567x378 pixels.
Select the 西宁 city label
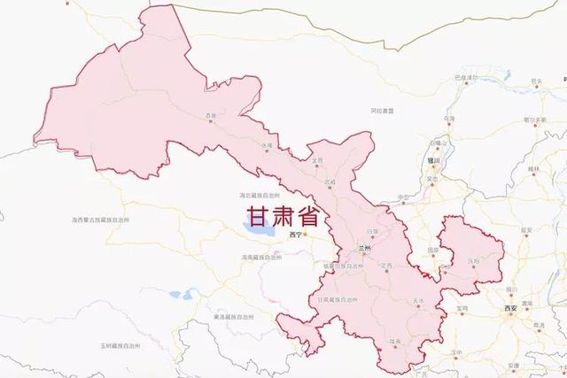[296, 235]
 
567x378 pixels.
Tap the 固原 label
[432, 251]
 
